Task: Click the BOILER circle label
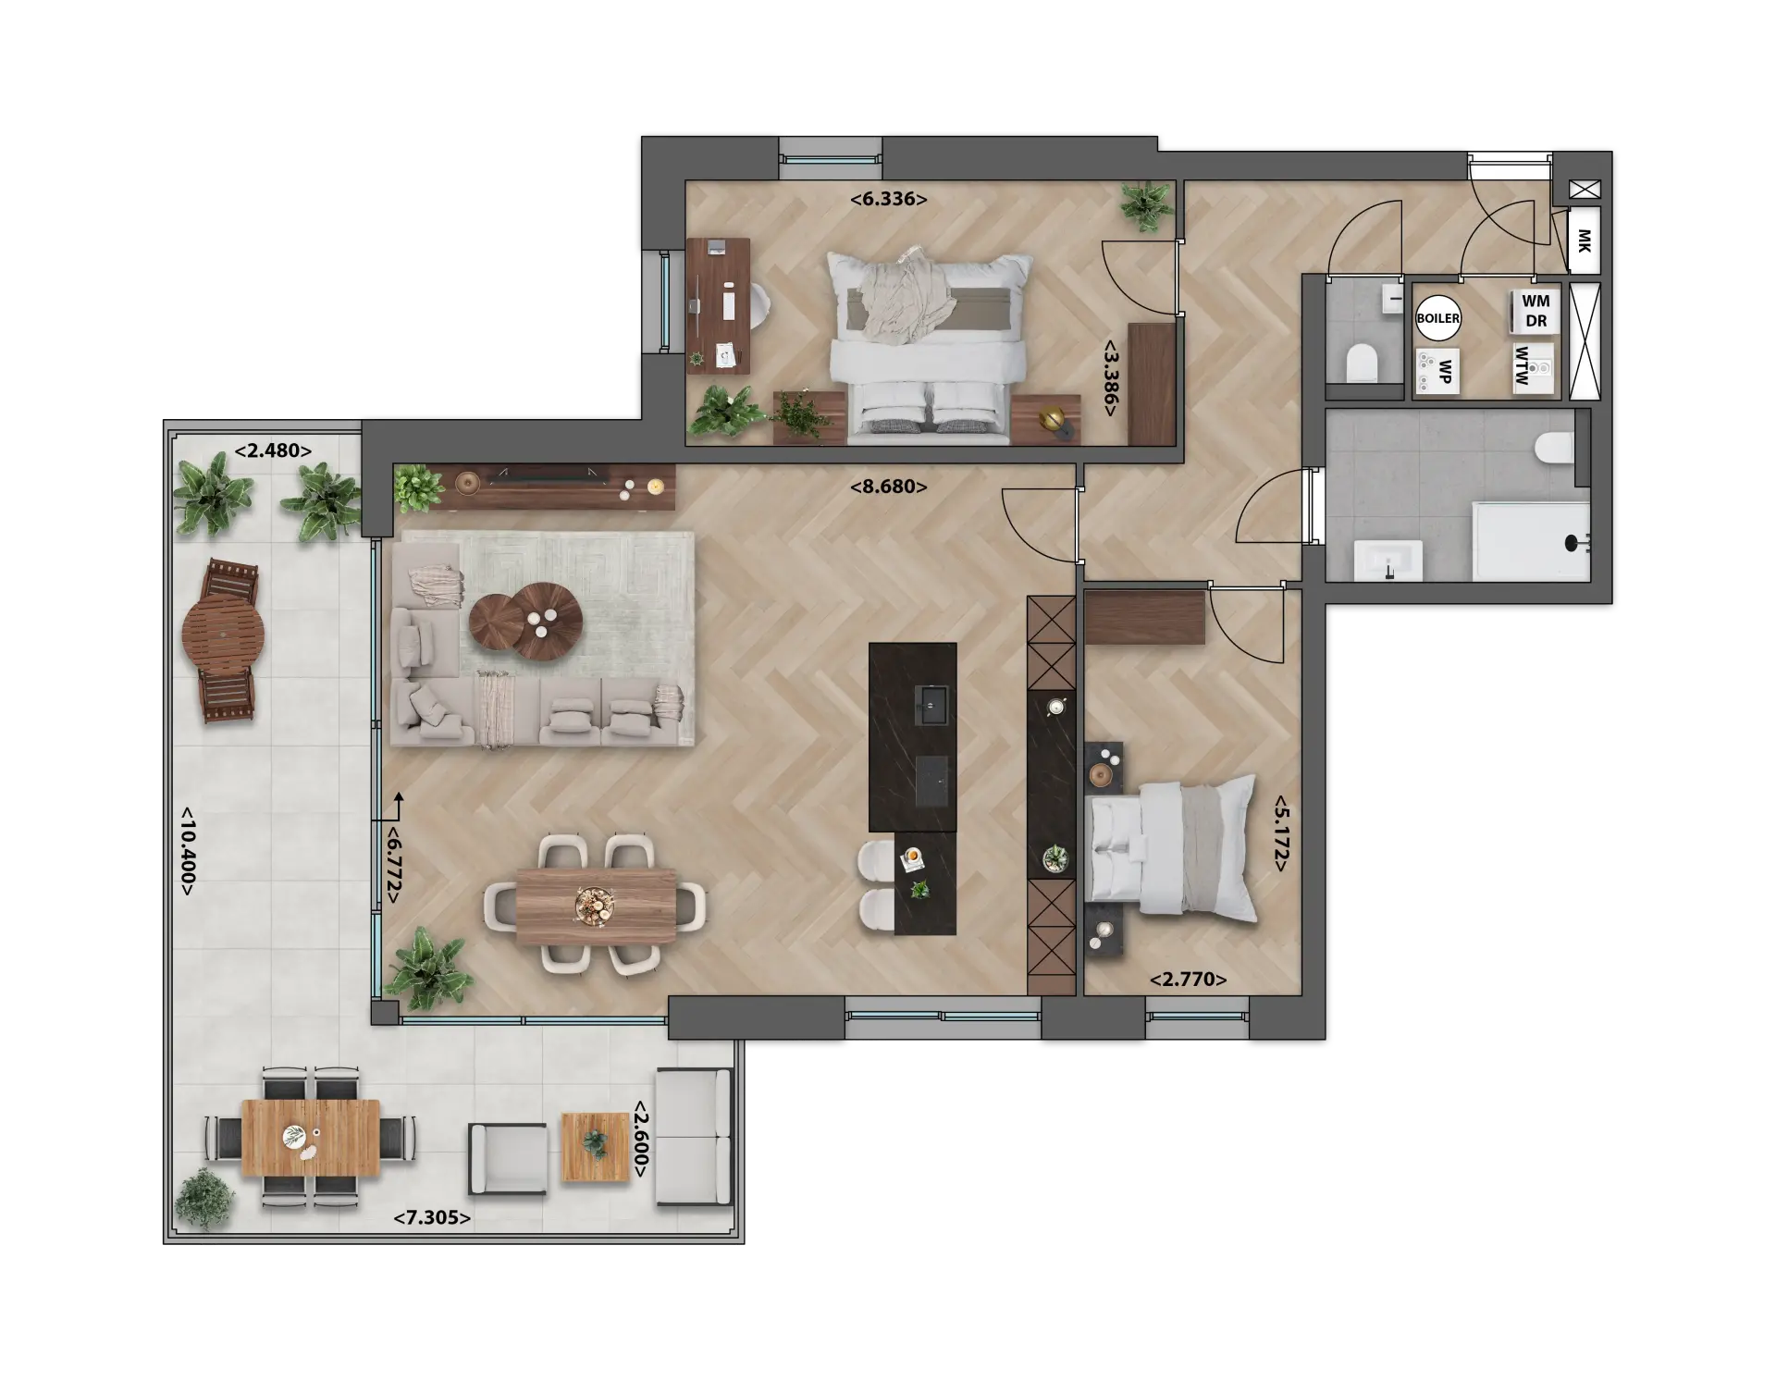pyautogui.click(x=1438, y=318)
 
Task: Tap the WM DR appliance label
pyautogui.click(x=1535, y=312)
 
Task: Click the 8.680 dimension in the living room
pyautogui.click(x=888, y=487)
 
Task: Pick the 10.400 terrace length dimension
pyautogui.click(x=187, y=850)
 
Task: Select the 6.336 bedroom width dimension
pyautogui.click(x=888, y=198)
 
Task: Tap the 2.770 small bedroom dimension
pyautogui.click(x=1188, y=980)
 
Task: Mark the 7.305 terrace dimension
pyautogui.click(x=432, y=1217)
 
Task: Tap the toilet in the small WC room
pyautogui.click(x=1362, y=362)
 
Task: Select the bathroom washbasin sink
pyautogui.click(x=1388, y=561)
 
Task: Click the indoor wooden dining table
pyautogui.click(x=597, y=906)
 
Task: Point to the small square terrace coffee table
pyautogui.click(x=596, y=1147)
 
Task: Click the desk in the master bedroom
pyautogui.click(x=719, y=305)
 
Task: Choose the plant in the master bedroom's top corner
pyautogui.click(x=1146, y=205)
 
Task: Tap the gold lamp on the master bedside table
pyautogui.click(x=1055, y=421)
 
